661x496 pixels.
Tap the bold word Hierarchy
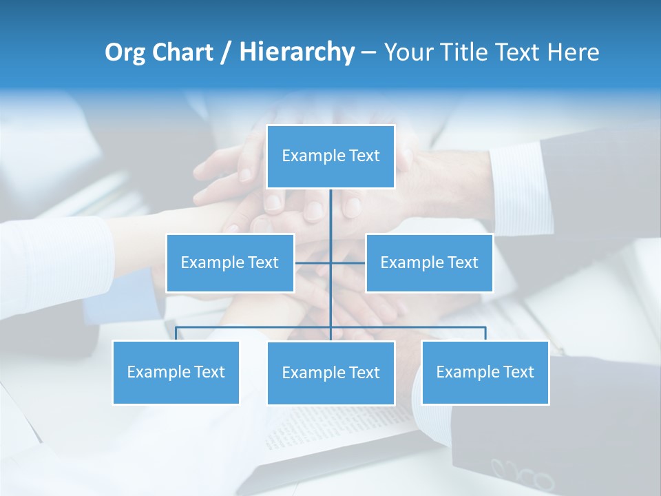pos(296,52)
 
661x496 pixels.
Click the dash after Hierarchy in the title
pos(368,52)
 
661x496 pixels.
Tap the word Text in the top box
pos(364,156)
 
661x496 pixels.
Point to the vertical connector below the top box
pos(330,220)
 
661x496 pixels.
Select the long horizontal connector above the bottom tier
pos(255,328)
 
